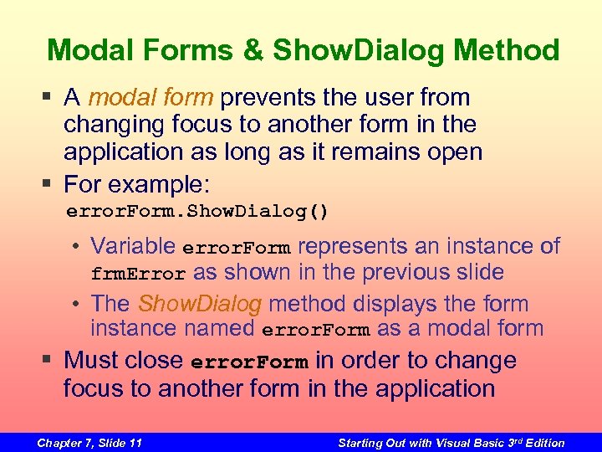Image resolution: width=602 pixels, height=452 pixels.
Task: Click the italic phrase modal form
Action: (x=150, y=98)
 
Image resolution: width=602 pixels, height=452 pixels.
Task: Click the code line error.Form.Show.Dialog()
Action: (x=197, y=211)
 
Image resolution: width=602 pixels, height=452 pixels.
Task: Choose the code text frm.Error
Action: (x=138, y=274)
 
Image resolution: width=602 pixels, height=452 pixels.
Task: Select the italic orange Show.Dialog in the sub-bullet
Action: (x=200, y=303)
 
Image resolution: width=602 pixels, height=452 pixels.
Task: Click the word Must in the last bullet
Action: (x=94, y=361)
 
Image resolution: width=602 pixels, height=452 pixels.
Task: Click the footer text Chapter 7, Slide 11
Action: (x=89, y=443)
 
